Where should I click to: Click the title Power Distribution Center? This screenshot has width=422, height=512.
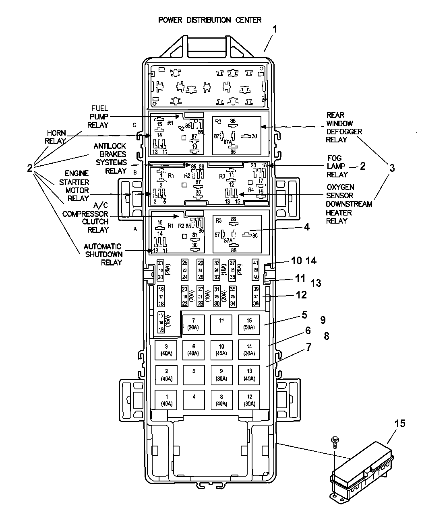[x=210, y=20]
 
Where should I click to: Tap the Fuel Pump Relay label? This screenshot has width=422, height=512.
[x=99, y=117]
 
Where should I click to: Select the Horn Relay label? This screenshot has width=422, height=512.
[x=56, y=137]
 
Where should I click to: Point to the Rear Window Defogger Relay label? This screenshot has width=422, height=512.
[x=344, y=127]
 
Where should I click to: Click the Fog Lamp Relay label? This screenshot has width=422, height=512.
[x=337, y=167]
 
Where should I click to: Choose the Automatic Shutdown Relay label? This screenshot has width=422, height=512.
[x=103, y=254]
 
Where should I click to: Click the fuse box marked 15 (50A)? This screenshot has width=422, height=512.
[x=249, y=324]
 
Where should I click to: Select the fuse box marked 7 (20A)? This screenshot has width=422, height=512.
[x=193, y=324]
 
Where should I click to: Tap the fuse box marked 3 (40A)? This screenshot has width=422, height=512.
[x=166, y=350]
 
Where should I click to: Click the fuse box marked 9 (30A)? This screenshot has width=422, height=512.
[x=221, y=375]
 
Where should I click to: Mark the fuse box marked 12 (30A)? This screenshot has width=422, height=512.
[x=249, y=400]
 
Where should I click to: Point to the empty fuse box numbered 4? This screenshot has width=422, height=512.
[x=194, y=400]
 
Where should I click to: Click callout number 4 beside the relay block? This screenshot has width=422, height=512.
[x=307, y=227]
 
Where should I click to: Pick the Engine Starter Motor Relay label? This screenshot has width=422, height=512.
[x=77, y=185]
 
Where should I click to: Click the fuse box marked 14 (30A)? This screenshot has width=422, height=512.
[x=249, y=350]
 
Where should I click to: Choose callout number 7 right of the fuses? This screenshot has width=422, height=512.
[x=308, y=347]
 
